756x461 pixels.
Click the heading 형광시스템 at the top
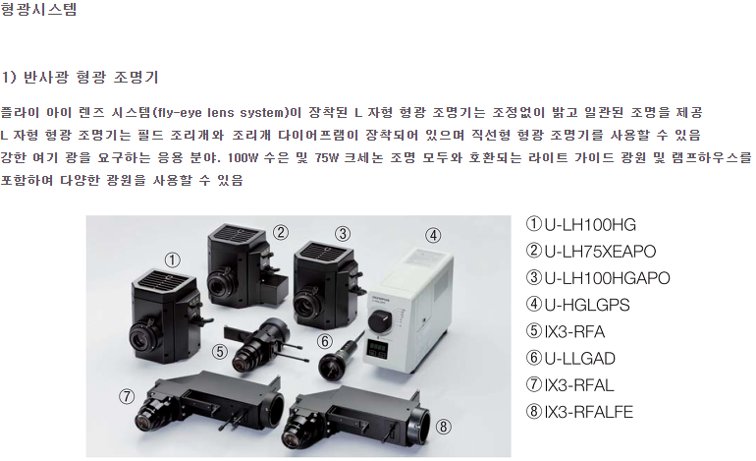[38, 9]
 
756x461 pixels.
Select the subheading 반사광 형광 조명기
[90, 77]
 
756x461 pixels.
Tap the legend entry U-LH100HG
[590, 225]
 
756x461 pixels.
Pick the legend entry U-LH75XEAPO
[600, 252]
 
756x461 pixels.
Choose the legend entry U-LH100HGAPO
[607, 278]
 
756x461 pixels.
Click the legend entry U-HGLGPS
[587, 305]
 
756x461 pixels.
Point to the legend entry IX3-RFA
[574, 331]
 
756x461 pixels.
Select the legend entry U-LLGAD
[579, 359]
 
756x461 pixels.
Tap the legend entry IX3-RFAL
[579, 385]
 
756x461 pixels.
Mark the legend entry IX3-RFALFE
[589, 412]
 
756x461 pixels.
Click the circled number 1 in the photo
[172, 260]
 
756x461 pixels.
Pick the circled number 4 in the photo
[433, 236]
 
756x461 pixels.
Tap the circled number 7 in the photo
[127, 397]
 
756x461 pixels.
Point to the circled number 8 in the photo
[444, 427]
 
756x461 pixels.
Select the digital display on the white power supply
[378, 349]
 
